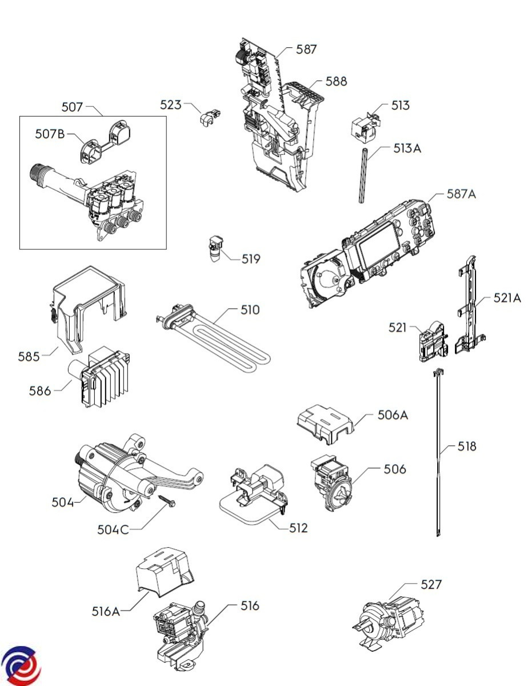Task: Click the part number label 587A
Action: pos(461,194)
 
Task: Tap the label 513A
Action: pos(407,149)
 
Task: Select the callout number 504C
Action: pos(113,530)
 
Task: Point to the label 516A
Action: pos(106,612)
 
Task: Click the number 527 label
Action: pos(431,585)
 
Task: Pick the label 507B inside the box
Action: pos(50,134)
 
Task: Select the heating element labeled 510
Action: pos(214,338)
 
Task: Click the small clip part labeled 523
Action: pos(210,117)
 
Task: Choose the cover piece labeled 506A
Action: pos(325,424)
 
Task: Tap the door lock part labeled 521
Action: pos(434,342)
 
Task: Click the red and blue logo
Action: pos(20,666)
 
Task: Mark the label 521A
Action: pos(507,298)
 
